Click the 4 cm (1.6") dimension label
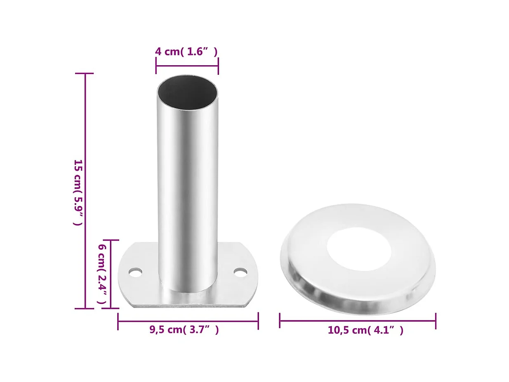(x=186, y=52)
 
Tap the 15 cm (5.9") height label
(x=78, y=192)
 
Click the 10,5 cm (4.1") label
(x=365, y=330)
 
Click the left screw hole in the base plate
(x=135, y=272)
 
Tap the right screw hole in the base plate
(x=240, y=272)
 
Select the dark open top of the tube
(x=188, y=93)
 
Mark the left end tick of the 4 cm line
(x=156, y=66)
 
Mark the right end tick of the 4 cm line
(x=218, y=66)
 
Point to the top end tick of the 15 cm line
(x=85, y=74)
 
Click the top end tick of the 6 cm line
(x=111, y=240)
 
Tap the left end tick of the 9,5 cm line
(x=118, y=321)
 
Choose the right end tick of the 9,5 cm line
(x=258, y=321)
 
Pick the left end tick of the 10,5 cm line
(x=280, y=320)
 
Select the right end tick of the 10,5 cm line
(x=436, y=320)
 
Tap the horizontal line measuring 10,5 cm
(x=358, y=320)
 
